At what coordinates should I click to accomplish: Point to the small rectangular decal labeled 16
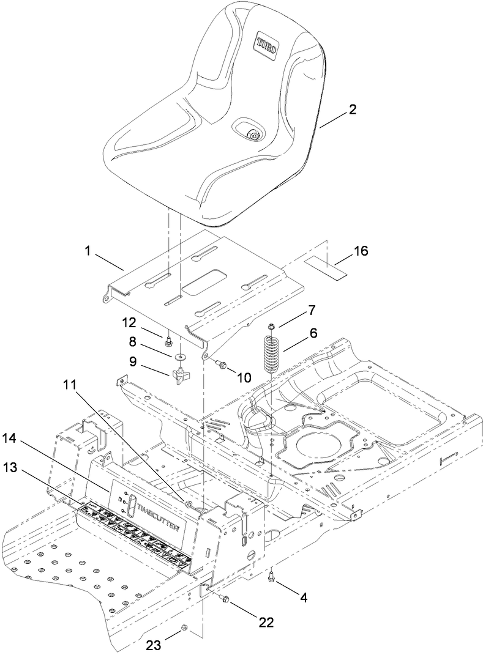(x=324, y=267)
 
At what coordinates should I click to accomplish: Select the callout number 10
(x=244, y=378)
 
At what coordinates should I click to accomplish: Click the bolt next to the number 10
(x=220, y=365)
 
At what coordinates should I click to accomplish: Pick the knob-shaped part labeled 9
(x=178, y=376)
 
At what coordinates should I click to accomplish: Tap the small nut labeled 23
(x=184, y=628)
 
